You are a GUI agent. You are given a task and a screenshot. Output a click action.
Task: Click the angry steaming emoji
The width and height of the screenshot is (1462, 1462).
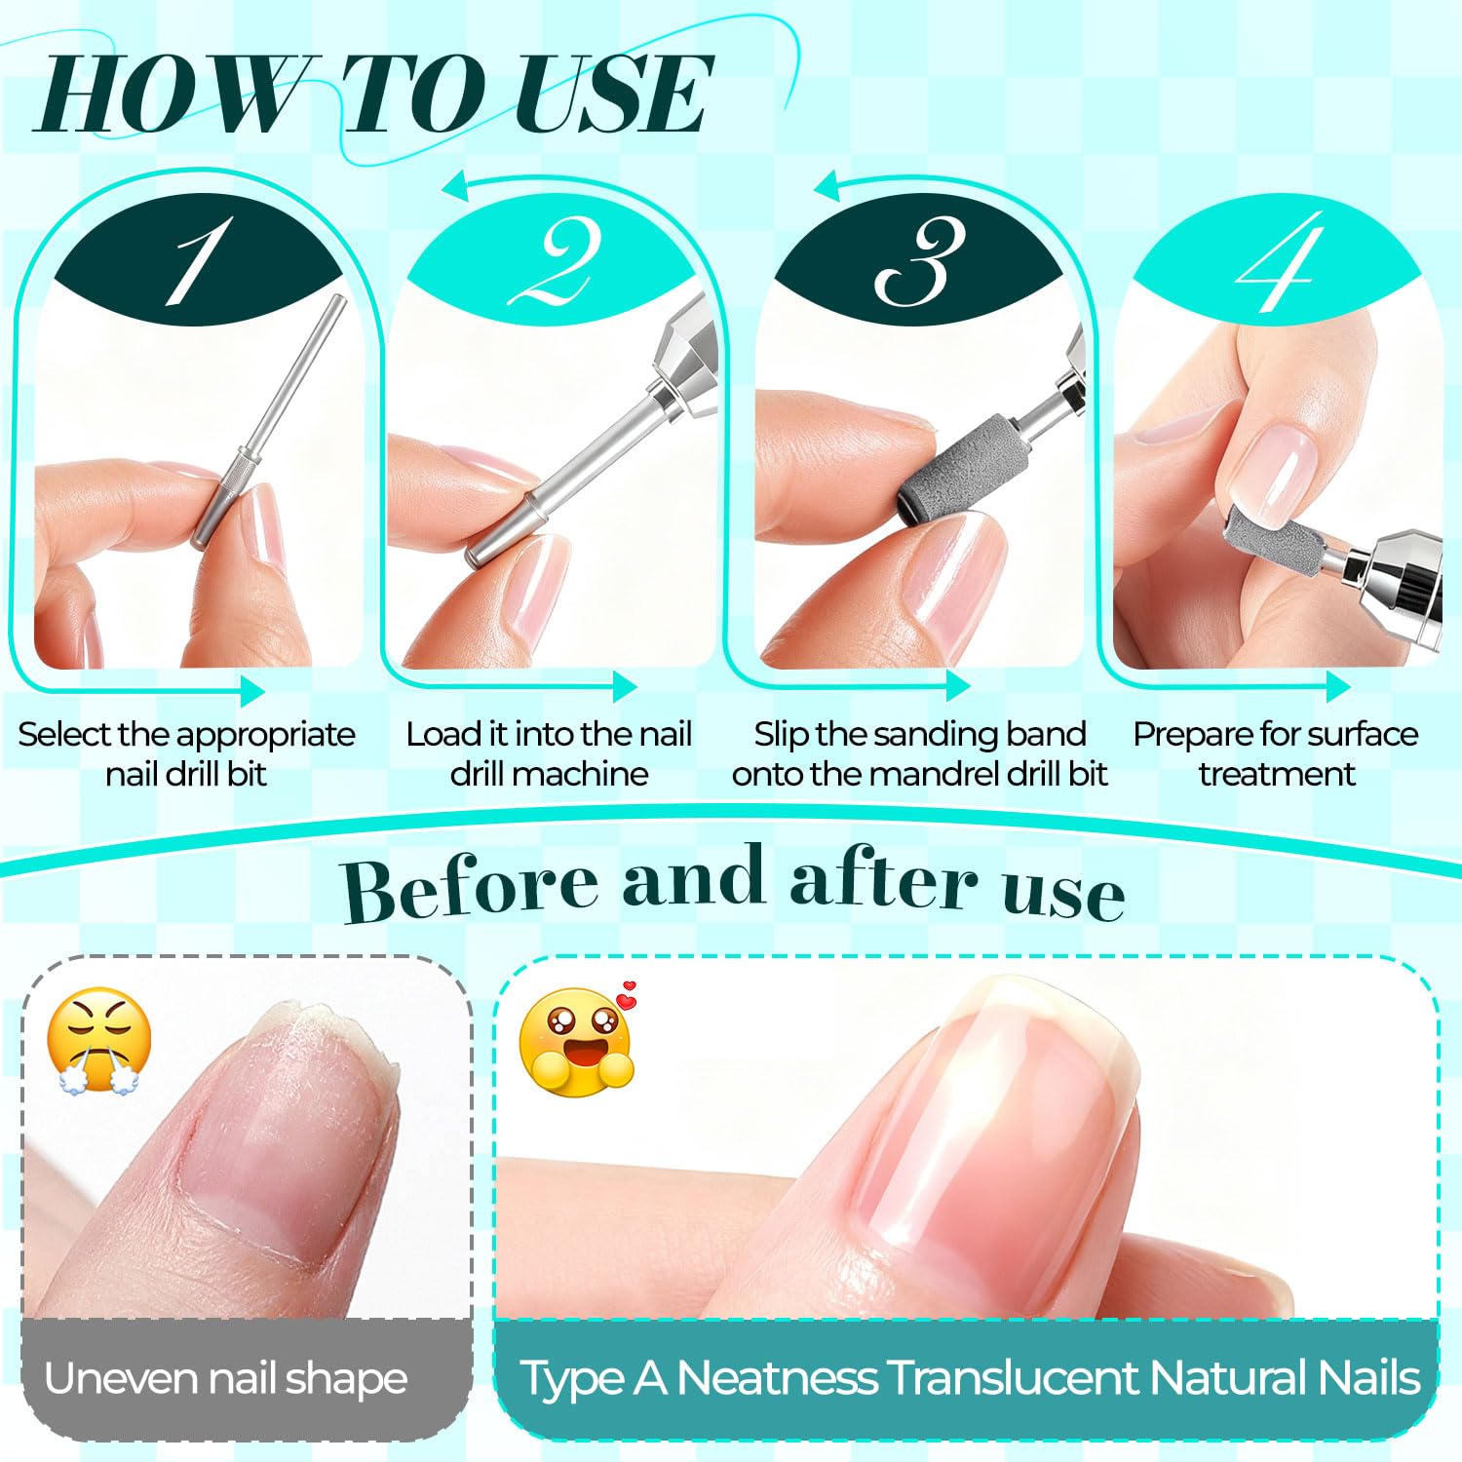click(x=98, y=1041)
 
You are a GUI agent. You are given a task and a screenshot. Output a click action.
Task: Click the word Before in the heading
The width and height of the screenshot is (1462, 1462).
click(x=471, y=886)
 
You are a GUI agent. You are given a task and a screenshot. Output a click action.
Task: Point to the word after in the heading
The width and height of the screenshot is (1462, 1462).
click(x=883, y=879)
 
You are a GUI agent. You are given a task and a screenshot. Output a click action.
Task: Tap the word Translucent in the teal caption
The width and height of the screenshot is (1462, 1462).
click(x=1013, y=1378)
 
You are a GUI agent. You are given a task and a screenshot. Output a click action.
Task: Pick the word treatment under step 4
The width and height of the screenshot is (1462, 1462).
click(x=1276, y=774)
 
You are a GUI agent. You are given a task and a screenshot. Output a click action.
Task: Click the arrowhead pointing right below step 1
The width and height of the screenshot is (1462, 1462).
click(x=251, y=691)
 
